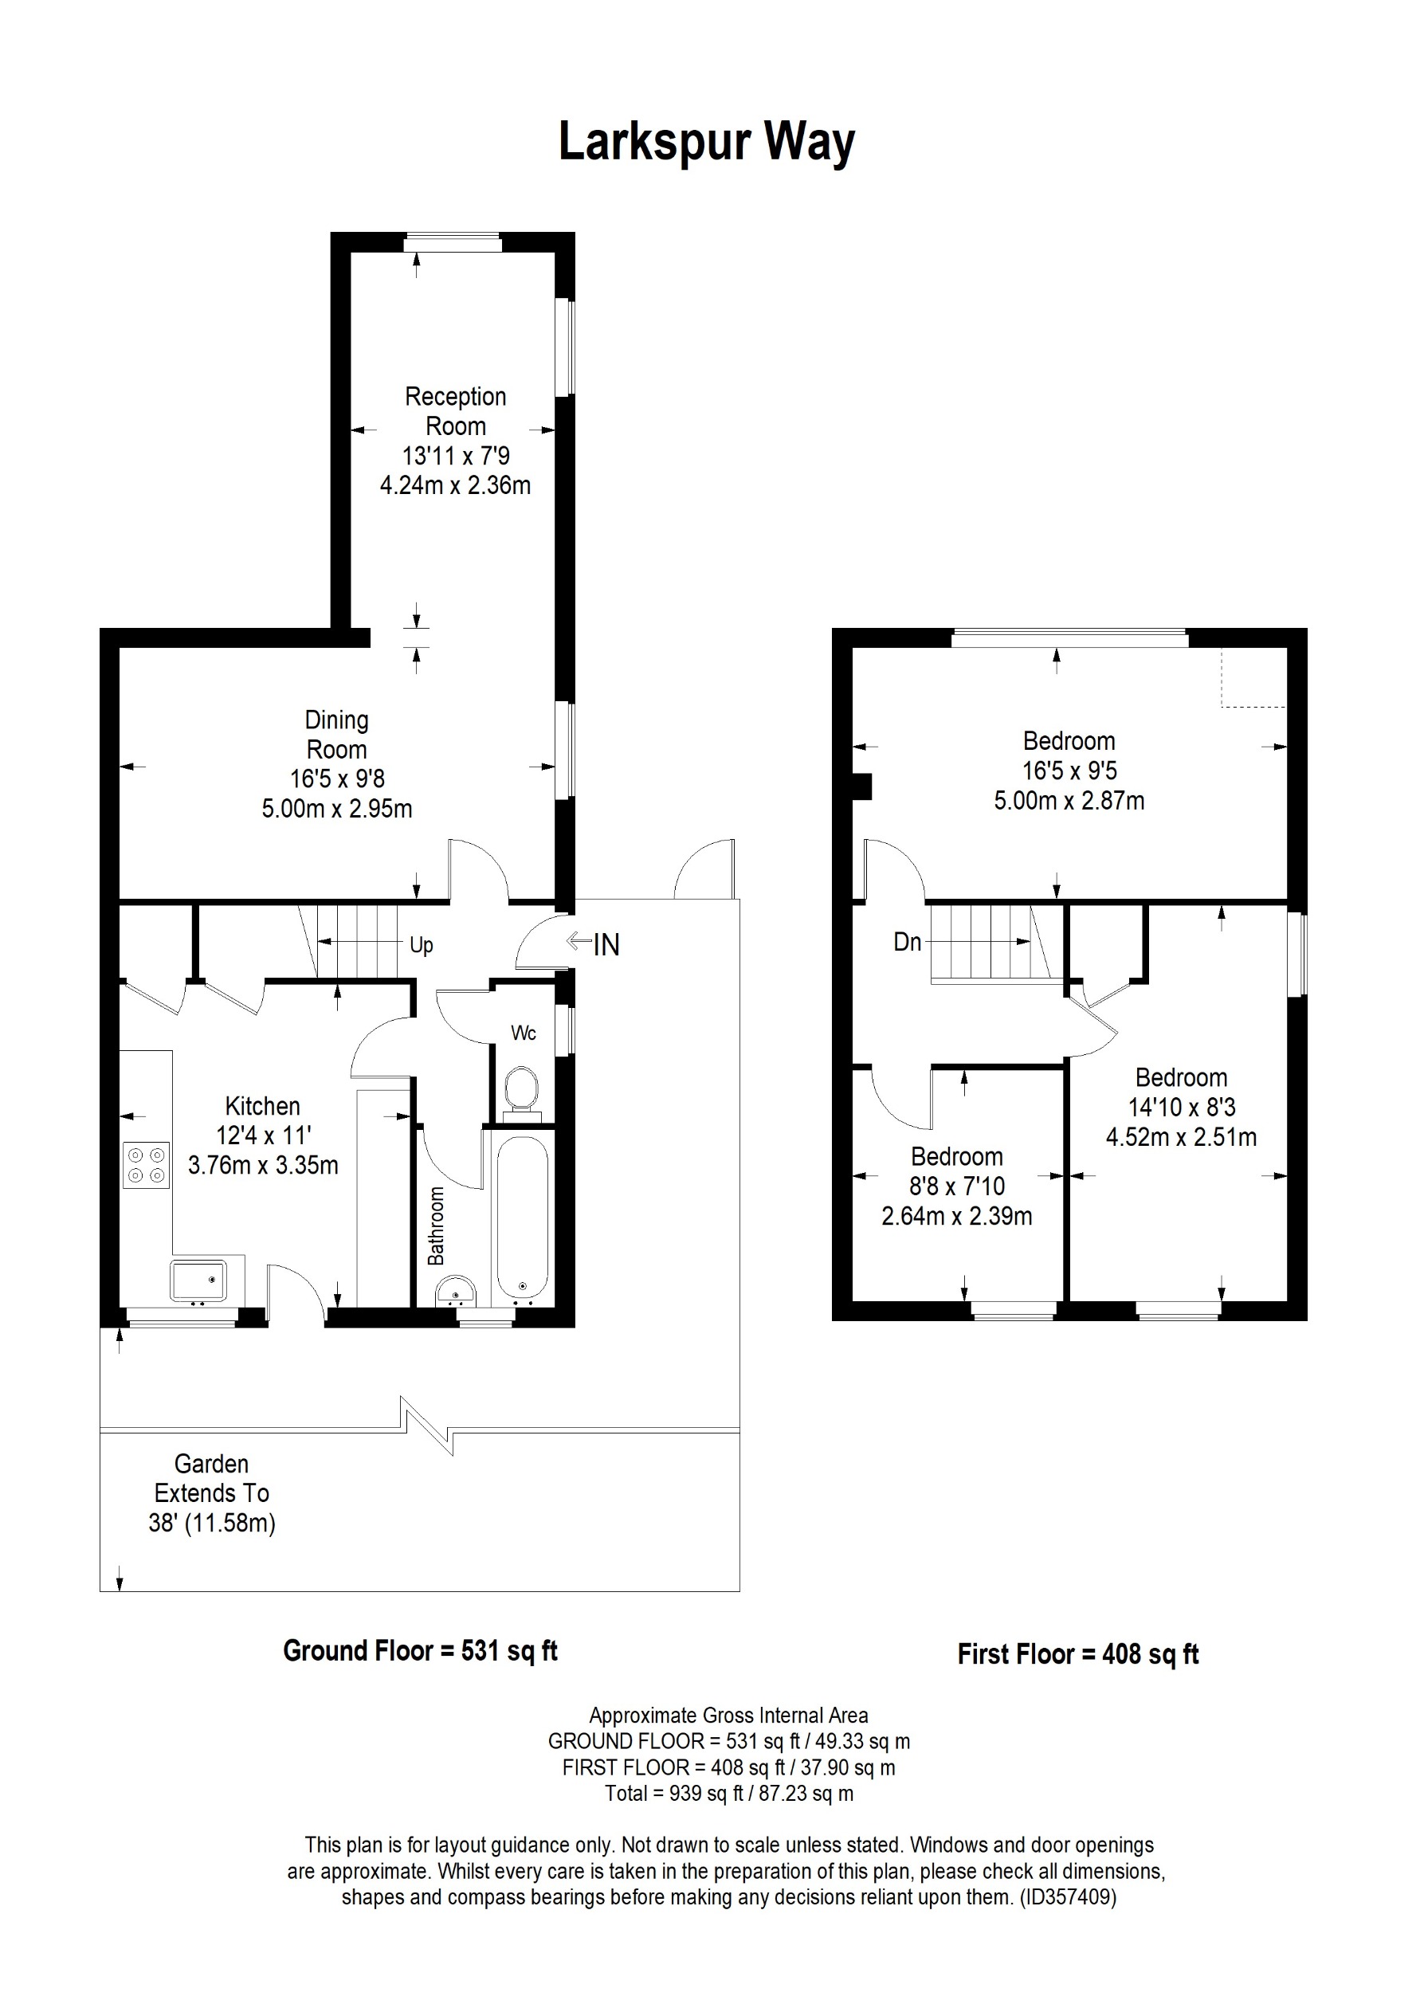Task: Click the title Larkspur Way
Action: point(707,142)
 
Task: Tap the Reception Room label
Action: point(455,411)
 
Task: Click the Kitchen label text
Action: point(262,1105)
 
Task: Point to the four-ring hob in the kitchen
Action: point(146,1165)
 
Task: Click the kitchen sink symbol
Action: point(198,1280)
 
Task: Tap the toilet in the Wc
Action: point(523,1088)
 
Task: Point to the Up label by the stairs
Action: point(422,944)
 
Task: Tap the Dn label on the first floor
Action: point(907,942)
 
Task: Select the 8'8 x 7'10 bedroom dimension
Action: point(956,1186)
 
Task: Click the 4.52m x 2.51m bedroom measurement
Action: point(1180,1137)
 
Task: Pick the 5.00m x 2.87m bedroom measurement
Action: point(1069,800)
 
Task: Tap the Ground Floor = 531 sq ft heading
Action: point(420,1650)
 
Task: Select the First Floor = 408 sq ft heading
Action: point(1077,1653)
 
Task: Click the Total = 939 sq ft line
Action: point(728,1794)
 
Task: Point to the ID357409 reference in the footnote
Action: point(1068,1897)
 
